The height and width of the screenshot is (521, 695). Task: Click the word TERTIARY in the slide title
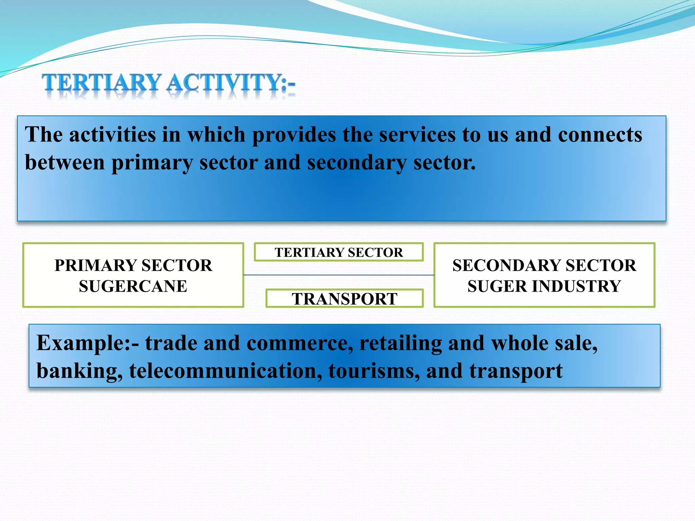101,83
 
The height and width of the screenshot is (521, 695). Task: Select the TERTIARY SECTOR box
339,252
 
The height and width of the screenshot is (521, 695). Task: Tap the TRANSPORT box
344,299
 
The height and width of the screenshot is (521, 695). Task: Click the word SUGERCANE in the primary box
133,286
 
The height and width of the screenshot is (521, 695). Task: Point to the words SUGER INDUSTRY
544,286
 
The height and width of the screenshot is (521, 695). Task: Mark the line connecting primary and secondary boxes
339,275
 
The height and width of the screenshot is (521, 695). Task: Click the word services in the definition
417,135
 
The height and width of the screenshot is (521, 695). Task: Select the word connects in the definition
600,135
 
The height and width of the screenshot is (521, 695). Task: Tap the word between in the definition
65,162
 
